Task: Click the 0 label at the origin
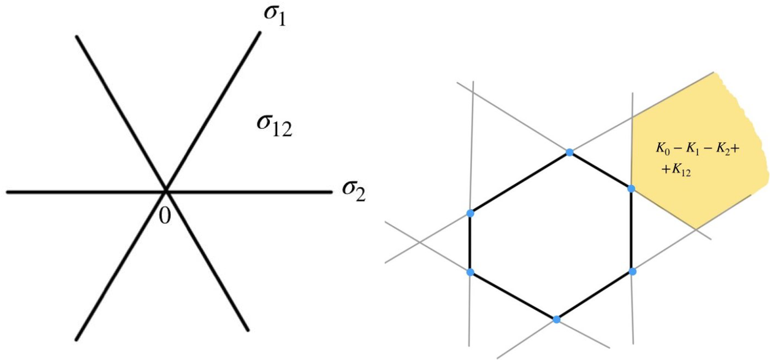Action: (163, 215)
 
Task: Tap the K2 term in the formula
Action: (716, 148)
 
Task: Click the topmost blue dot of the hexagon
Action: (570, 151)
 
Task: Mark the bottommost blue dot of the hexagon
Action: (556, 319)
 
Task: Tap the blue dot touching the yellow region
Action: (631, 188)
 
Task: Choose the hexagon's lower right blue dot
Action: (631, 270)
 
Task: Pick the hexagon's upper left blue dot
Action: (470, 213)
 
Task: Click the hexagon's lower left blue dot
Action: (470, 272)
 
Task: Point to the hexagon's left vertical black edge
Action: (470, 242)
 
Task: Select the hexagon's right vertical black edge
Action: (631, 229)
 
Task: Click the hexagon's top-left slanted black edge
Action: (520, 182)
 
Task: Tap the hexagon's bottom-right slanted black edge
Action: (593, 295)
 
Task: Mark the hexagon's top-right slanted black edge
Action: (601, 170)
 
